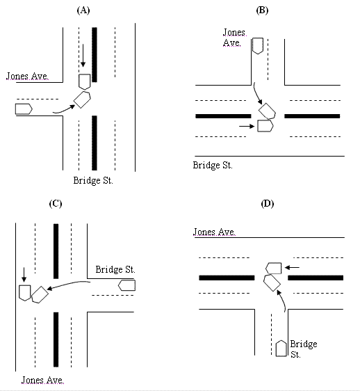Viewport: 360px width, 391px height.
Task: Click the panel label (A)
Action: [x=83, y=10]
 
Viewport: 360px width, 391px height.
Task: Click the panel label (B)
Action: [x=262, y=10]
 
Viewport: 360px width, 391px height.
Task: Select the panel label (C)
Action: [x=56, y=204]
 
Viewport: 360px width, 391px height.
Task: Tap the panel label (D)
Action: [x=268, y=204]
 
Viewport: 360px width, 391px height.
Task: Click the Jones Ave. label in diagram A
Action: [x=27, y=76]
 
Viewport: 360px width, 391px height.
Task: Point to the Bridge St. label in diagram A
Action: [x=93, y=180]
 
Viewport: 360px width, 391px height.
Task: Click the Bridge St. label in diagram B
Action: [x=213, y=166]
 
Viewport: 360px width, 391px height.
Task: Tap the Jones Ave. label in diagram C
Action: [x=42, y=381]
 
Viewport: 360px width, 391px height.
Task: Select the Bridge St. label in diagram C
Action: [x=115, y=269]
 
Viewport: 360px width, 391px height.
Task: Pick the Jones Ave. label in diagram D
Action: [x=214, y=232]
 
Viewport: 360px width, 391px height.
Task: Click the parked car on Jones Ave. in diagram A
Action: [x=24, y=109]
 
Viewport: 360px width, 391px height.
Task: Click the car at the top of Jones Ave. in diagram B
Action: [x=258, y=46]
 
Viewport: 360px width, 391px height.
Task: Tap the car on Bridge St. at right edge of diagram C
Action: [x=126, y=285]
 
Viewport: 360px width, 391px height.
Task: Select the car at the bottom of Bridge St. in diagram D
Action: [x=281, y=349]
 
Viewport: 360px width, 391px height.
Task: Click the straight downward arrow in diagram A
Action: [x=83, y=56]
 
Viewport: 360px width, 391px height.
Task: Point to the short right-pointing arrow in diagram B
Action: [x=247, y=127]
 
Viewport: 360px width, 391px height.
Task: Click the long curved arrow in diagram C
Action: [x=68, y=285]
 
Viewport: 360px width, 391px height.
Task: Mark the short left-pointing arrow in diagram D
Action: [x=292, y=268]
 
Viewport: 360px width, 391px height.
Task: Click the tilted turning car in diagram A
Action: [x=82, y=99]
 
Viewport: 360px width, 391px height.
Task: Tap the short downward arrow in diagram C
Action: [x=24, y=275]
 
